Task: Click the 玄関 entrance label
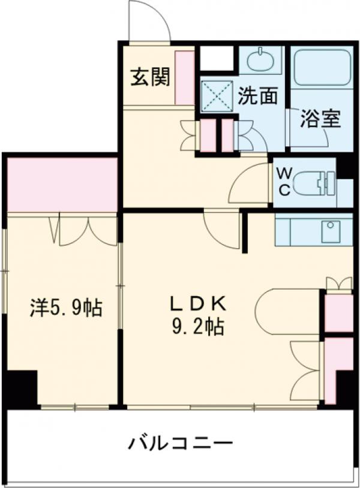150,77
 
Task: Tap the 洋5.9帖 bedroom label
66,308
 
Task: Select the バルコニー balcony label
180,445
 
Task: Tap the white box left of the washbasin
216,59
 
